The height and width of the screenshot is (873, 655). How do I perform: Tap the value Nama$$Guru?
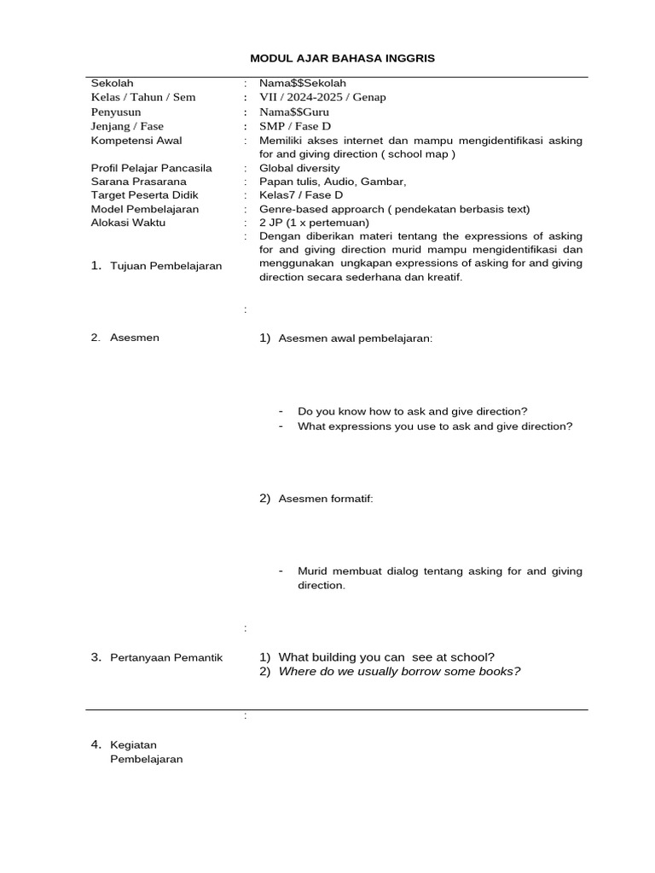point(294,112)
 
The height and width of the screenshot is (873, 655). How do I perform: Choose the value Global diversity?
point(299,168)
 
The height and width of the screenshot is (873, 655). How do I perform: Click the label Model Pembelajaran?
point(145,209)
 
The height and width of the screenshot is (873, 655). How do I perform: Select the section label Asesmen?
point(135,338)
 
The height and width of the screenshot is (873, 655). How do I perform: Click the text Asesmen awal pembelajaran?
point(356,338)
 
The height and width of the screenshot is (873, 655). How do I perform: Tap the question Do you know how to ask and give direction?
point(413,411)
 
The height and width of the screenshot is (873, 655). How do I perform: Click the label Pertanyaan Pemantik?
point(166,657)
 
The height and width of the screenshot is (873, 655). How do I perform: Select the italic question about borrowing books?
point(399,671)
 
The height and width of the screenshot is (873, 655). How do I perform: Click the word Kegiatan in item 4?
point(134,745)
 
